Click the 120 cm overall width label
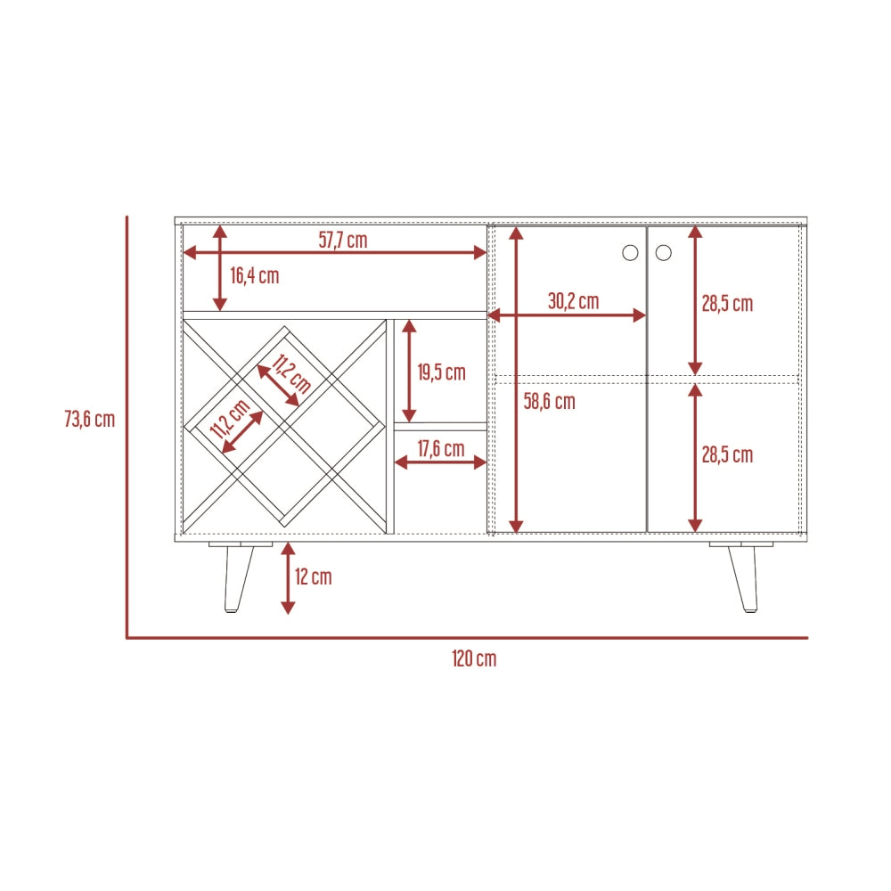[x=474, y=658]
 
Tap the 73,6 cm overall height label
[x=90, y=420]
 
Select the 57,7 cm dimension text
[x=343, y=240]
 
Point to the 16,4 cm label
[x=255, y=275]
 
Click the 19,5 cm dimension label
[x=442, y=372]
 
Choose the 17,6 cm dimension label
[x=441, y=449]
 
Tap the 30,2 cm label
[x=573, y=301]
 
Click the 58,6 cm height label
[x=550, y=402]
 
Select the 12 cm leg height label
[x=313, y=576]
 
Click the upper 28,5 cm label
[x=727, y=304]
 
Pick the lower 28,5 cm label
[x=727, y=455]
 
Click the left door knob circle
[x=630, y=253]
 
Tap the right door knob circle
[x=664, y=253]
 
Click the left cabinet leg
[x=239, y=576]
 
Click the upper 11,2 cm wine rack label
[x=291, y=374]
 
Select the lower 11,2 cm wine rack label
[x=230, y=419]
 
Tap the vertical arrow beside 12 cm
[x=288, y=578]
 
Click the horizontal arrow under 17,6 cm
[x=440, y=462]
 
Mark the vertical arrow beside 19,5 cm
[x=409, y=371]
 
